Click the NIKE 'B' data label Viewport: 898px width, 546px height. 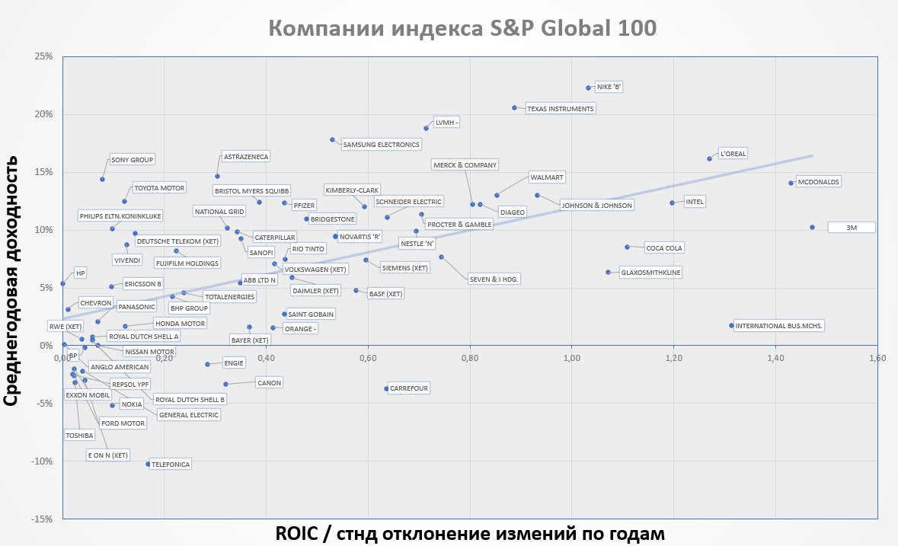point(609,87)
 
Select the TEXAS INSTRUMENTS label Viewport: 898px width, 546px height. point(560,109)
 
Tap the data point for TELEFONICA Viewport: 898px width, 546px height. point(148,464)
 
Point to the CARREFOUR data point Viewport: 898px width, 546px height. point(386,388)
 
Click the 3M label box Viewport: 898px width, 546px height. point(851,227)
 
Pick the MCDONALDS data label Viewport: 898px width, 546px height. point(818,182)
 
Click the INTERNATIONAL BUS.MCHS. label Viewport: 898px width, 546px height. point(780,325)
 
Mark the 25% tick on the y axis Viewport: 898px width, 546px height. point(43,56)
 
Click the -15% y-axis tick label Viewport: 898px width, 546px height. point(41,519)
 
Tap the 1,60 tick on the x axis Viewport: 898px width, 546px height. point(877,357)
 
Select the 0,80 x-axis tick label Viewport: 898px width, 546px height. point(470,357)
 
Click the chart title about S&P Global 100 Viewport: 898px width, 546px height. point(462,28)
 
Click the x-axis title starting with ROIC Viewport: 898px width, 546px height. point(470,532)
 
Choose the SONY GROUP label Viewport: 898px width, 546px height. point(133,160)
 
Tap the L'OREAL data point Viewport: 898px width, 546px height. point(709,158)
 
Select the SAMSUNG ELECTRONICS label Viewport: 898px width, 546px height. point(381,145)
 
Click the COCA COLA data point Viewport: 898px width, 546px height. point(627,247)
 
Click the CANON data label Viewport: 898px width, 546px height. point(270,382)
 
